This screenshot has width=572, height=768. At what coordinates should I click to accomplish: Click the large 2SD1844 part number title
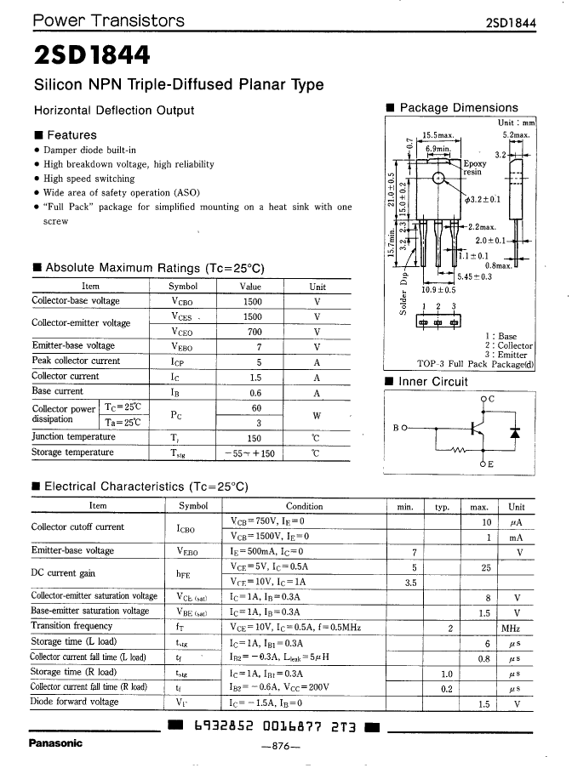92,55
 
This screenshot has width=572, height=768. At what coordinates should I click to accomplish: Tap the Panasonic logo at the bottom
55,742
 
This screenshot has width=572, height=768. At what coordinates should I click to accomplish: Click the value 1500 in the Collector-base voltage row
252,301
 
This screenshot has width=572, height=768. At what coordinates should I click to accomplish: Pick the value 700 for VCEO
253,332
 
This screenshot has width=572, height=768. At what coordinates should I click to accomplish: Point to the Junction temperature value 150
253,437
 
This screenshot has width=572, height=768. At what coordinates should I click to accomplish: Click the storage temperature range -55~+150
252,453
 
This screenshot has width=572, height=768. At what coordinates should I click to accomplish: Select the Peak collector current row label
76,361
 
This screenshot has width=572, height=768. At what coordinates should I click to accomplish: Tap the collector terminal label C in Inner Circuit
491,398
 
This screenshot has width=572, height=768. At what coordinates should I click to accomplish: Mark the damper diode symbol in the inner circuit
514,432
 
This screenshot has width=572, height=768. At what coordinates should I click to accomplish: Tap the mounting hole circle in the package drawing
438,179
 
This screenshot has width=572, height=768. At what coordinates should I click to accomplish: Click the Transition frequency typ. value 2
449,627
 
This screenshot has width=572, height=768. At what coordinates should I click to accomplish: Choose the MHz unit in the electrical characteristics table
511,627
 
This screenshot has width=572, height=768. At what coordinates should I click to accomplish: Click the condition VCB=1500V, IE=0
268,536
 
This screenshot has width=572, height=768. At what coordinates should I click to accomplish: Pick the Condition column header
304,505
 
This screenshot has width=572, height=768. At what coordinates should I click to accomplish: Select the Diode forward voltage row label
74,702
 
